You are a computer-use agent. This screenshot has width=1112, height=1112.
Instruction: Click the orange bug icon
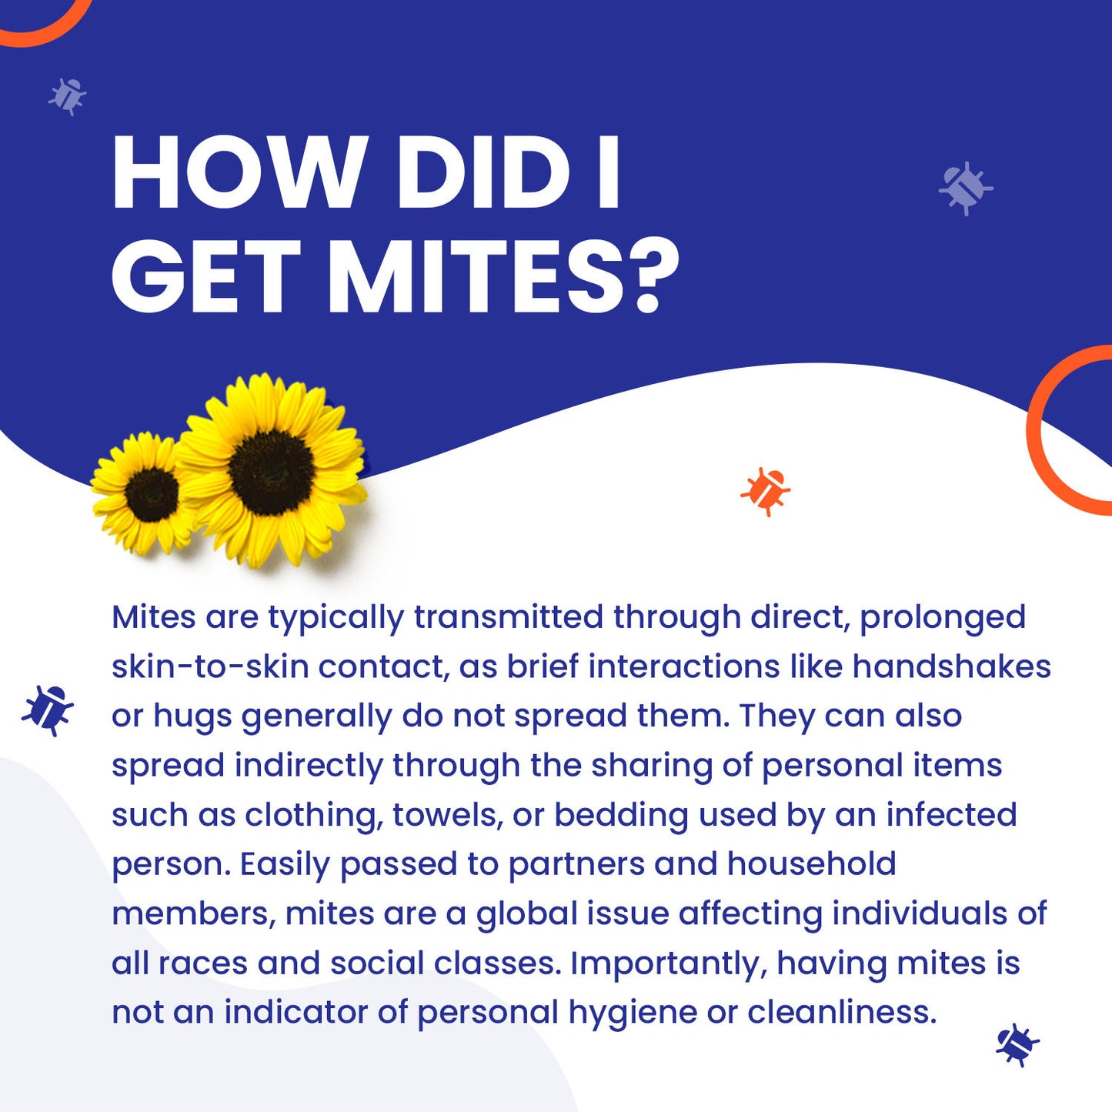[x=766, y=490]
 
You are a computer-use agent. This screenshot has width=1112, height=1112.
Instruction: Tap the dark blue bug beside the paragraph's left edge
[x=48, y=710]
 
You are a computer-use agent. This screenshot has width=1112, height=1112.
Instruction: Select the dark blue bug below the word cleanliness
[x=1017, y=1044]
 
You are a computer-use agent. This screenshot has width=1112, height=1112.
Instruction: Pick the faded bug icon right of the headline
[x=965, y=188]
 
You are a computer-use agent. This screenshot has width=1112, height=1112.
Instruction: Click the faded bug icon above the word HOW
[x=68, y=96]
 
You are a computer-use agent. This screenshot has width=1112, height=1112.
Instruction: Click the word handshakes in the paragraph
[x=951, y=666]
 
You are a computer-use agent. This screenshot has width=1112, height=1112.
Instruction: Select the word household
[x=811, y=864]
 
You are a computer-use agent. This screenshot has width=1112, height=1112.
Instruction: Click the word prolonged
[x=942, y=618]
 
